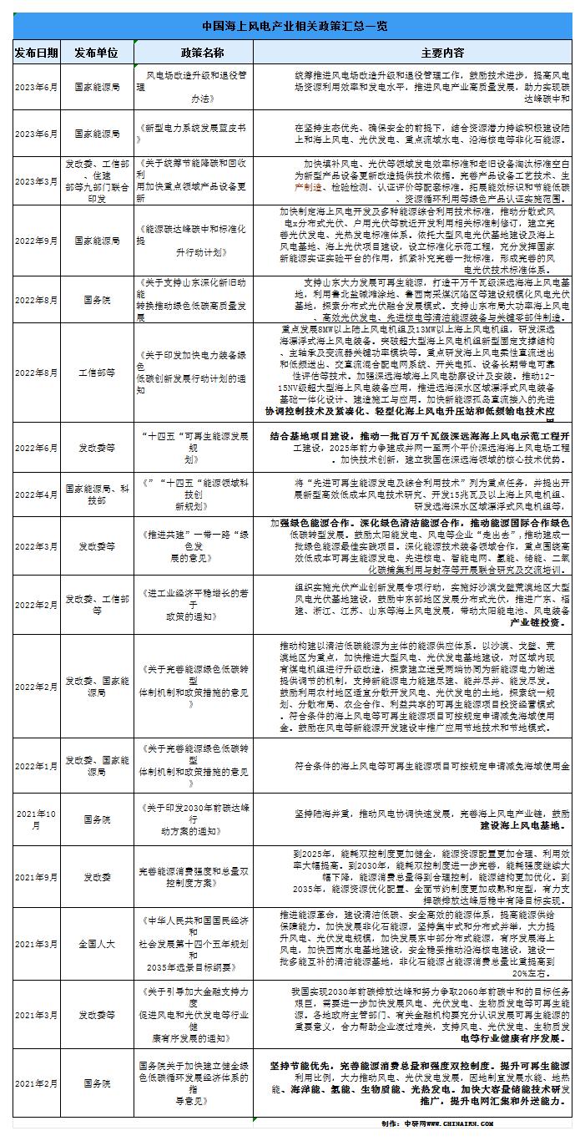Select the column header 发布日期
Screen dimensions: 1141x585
[x=36, y=52]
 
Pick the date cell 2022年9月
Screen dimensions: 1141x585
[x=36, y=239]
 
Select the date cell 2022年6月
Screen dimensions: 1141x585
[x=36, y=449]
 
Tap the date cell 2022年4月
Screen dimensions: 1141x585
[x=36, y=494]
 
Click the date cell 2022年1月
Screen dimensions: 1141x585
[x=36, y=766]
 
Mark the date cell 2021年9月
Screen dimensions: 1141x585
[x=36, y=878]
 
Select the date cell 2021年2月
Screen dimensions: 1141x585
[x=36, y=1083]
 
